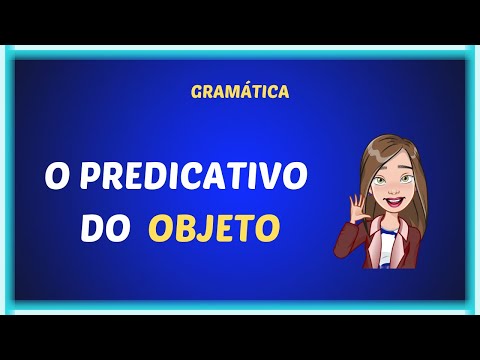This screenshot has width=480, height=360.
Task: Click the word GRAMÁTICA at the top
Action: click(x=240, y=91)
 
